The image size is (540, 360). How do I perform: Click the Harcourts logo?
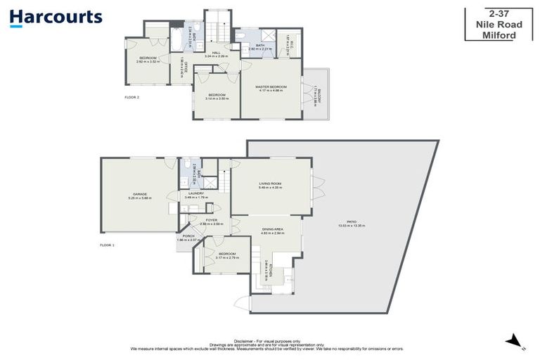click(x=56, y=18)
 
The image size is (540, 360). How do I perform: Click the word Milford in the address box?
click(x=503, y=35)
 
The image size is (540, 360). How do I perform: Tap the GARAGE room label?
click(x=139, y=194)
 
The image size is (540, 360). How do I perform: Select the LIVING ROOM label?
click(x=270, y=184)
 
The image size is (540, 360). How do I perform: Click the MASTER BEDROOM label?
click(x=272, y=86)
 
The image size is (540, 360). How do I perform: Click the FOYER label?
click(x=212, y=221)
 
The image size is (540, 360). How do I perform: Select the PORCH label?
click(x=188, y=236)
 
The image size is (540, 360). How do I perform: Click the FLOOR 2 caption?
click(x=131, y=97)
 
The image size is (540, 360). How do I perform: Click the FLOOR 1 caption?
click(x=107, y=245)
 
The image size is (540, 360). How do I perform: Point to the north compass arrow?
click(x=515, y=342)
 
